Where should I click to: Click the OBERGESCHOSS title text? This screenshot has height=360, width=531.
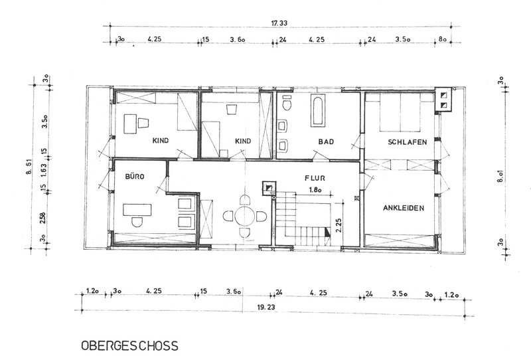pos(129,345)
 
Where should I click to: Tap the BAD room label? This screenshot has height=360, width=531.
pos(326,141)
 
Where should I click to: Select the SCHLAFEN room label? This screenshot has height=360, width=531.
pos(408,142)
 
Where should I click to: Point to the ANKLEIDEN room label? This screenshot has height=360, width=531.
pos(404,208)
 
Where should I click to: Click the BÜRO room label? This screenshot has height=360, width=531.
pos(135,176)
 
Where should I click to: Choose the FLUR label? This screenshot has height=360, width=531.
pos(315,178)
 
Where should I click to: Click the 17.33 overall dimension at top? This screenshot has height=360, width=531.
pos(279,23)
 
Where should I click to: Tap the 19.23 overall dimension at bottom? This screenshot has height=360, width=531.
pos(266,308)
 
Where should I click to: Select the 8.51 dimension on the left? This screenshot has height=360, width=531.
pos(29,167)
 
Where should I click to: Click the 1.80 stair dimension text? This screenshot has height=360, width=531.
pos(315,190)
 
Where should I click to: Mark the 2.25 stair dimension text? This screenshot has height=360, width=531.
pos(339,225)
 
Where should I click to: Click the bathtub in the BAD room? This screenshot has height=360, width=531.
pos(318,110)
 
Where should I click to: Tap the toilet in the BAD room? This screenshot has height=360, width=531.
pos(287,103)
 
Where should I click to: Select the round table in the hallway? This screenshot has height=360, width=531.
pos(245,217)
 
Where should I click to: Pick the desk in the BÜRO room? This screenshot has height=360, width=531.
pos(137,210)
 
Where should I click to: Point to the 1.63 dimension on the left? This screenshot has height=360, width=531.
pos(43,171)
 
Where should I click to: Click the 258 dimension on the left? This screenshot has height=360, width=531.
pos(42,218)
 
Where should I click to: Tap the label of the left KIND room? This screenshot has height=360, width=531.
pos(161,140)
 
